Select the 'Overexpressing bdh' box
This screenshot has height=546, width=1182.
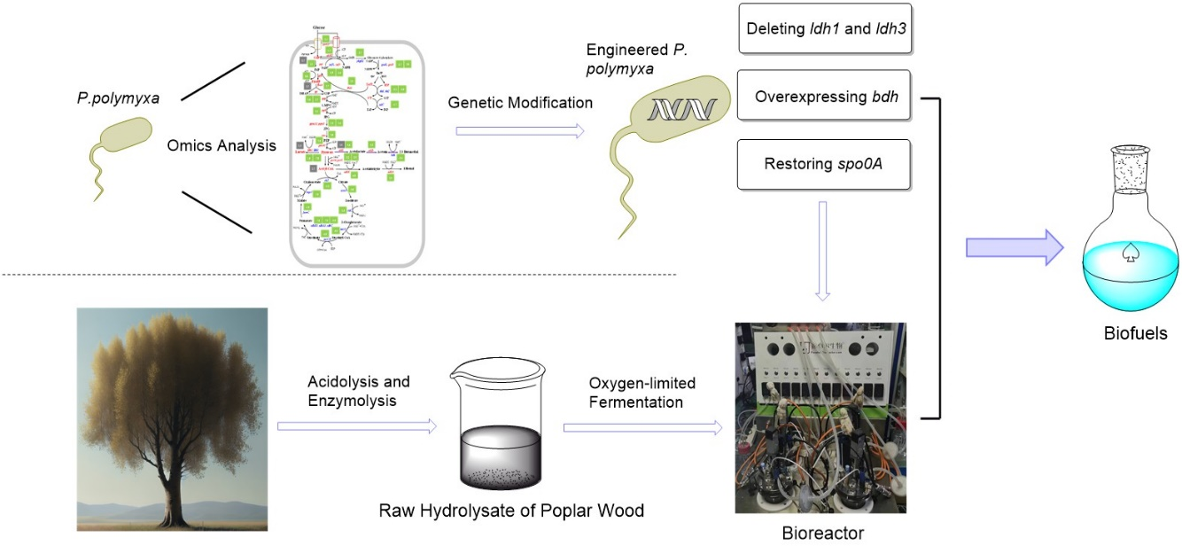point(824,95)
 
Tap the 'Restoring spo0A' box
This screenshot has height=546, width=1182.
point(824,164)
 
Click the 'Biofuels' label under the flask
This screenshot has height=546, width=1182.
point(1135,334)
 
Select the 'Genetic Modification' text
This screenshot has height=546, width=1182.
point(520,103)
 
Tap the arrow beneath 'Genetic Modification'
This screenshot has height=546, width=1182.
point(520,131)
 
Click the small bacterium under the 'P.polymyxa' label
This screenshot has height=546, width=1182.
point(121,142)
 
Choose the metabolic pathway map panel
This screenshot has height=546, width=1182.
point(357,152)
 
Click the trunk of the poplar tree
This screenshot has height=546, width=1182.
point(173,479)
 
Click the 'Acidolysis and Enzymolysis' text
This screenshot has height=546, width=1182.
point(358,391)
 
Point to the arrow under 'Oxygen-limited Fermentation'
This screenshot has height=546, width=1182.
point(642,427)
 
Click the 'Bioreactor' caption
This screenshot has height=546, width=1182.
point(821,534)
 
